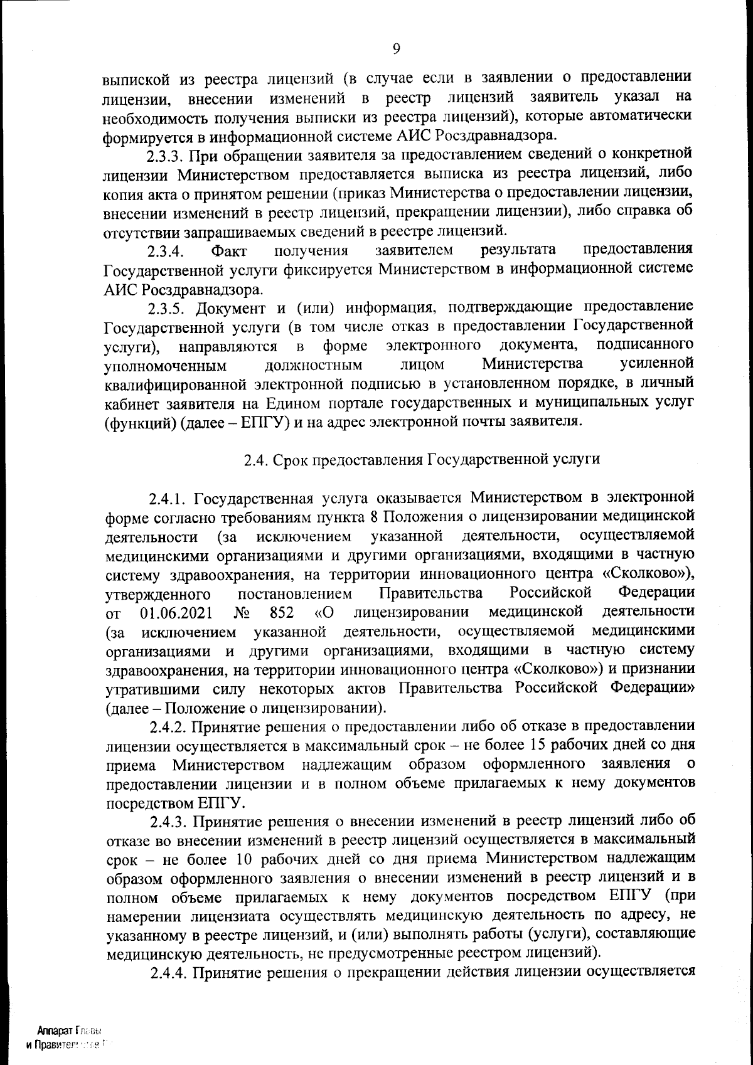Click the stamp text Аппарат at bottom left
coord(55,1031)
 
